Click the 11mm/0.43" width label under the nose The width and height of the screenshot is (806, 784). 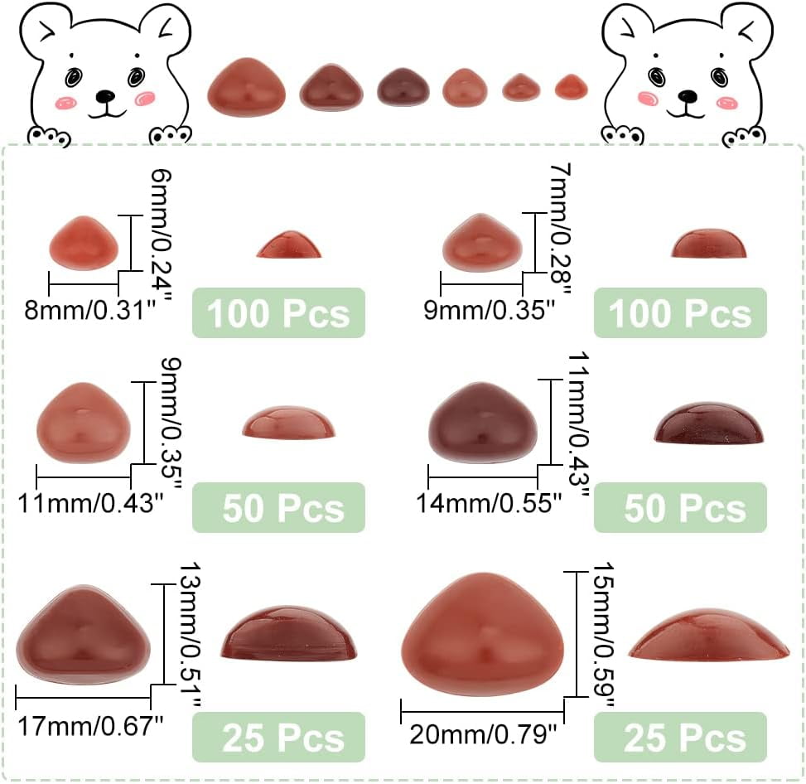pyautogui.click(x=87, y=502)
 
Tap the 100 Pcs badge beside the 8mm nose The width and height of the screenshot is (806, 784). pyautogui.click(x=278, y=313)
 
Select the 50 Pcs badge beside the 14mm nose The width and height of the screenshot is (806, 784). pyautogui.click(x=680, y=508)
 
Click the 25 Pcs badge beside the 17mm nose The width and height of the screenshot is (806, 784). pyautogui.click(x=278, y=737)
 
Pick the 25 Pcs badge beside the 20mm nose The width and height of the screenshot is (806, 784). pyautogui.click(x=680, y=737)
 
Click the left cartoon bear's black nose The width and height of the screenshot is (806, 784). pyautogui.click(x=104, y=98)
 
